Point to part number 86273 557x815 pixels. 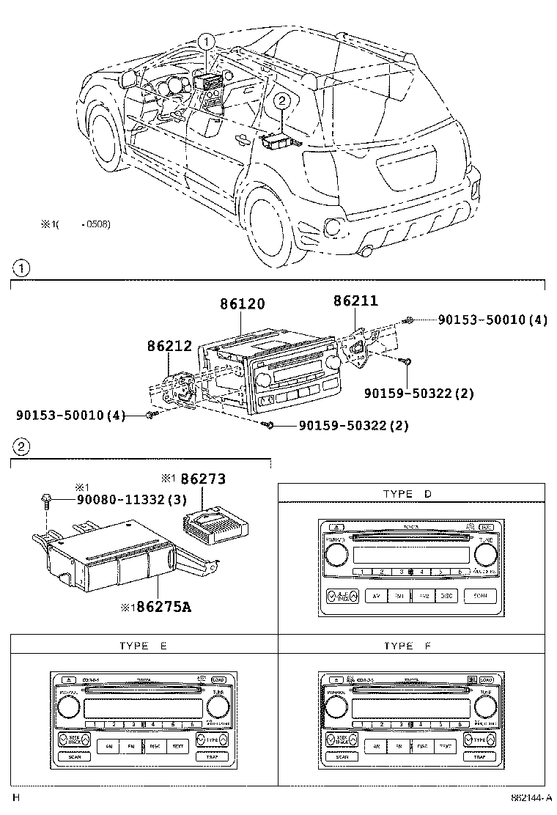[x=204, y=479]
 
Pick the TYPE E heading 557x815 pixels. [x=143, y=645]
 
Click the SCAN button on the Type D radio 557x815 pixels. [x=479, y=597]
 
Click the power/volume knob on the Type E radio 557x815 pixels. [x=67, y=707]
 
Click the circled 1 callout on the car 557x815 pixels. [x=207, y=42]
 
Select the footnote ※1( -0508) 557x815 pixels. [x=75, y=224]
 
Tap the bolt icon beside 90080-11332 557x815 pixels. [x=47, y=501]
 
